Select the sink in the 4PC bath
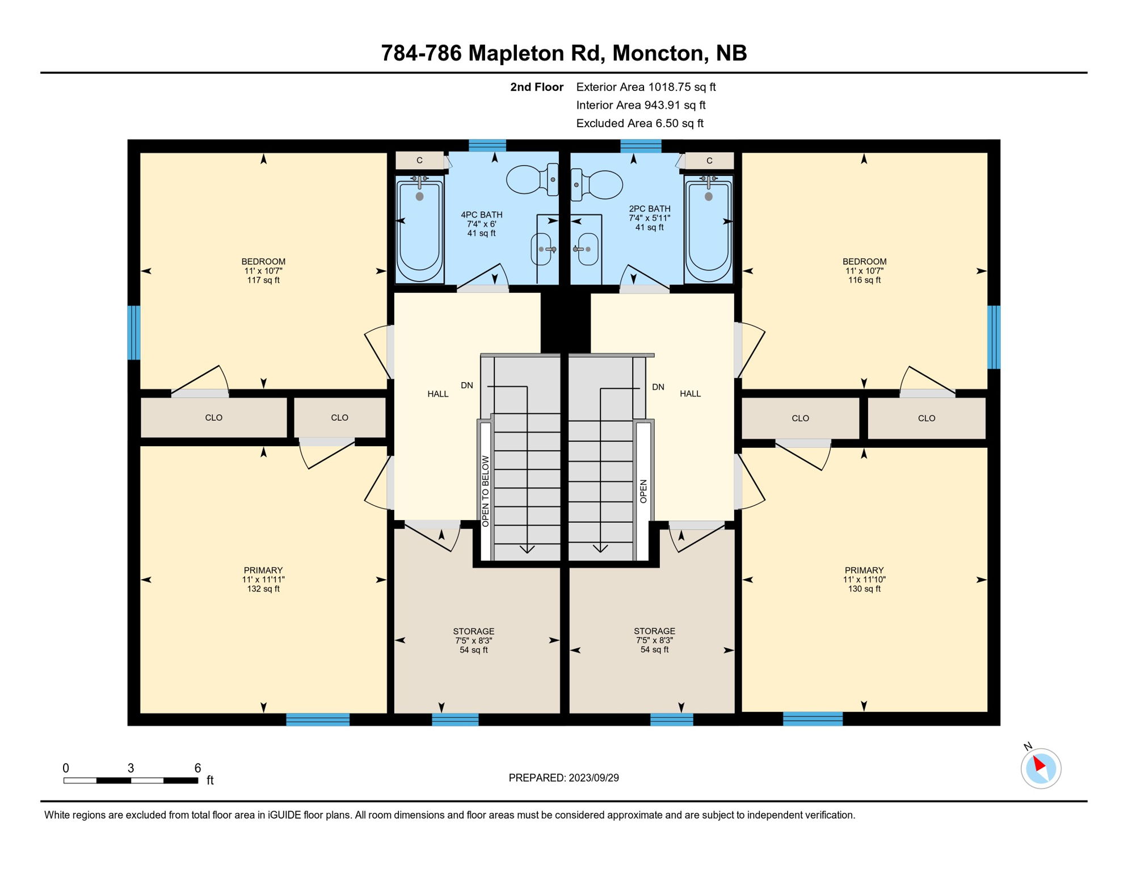(542, 249)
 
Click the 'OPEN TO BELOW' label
(486, 491)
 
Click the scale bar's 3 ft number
(131, 768)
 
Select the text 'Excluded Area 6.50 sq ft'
(639, 123)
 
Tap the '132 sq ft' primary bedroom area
(263, 589)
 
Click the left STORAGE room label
(473, 631)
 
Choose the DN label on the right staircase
(658, 387)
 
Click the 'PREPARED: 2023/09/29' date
(563, 778)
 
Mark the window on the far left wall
(133, 333)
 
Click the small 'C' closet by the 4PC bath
(419, 160)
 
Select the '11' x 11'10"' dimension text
(864, 580)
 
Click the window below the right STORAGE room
(671, 719)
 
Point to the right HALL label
(690, 393)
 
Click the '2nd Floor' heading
(536, 87)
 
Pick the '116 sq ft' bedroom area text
(864, 280)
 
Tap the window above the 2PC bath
(641, 146)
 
